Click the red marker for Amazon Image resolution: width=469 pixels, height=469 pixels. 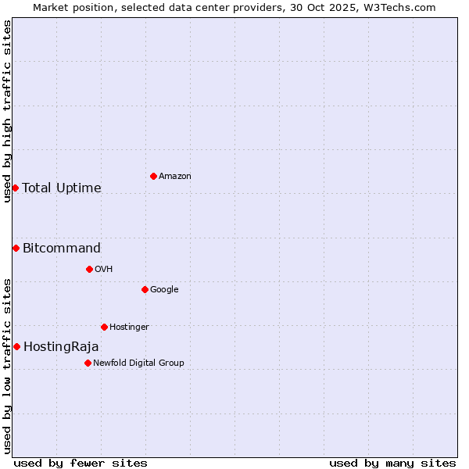click(x=153, y=176)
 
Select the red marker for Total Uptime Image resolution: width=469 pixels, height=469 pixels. click(x=15, y=188)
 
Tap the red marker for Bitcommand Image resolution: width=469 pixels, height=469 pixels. click(x=16, y=248)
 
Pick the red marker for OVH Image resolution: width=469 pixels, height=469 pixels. click(x=89, y=269)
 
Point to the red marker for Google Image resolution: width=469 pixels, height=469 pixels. click(x=145, y=289)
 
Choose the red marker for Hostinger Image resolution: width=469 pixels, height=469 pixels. click(x=104, y=327)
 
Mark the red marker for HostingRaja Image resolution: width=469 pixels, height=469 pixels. click(x=16, y=346)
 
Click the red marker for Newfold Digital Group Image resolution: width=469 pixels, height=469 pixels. click(x=88, y=363)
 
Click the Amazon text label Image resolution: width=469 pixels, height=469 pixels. click(x=175, y=177)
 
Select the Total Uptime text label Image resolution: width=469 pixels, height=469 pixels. click(x=62, y=188)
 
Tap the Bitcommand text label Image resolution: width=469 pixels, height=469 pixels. click(x=62, y=249)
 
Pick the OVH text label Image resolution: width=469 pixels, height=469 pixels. click(x=104, y=270)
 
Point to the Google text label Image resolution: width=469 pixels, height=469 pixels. click(x=164, y=290)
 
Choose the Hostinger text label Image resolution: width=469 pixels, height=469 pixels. click(x=129, y=327)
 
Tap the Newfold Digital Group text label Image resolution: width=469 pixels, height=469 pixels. click(x=138, y=363)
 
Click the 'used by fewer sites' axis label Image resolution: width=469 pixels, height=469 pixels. click(x=81, y=463)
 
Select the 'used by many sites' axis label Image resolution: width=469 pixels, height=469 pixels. click(x=392, y=463)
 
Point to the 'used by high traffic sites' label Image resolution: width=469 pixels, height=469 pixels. click(x=7, y=111)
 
